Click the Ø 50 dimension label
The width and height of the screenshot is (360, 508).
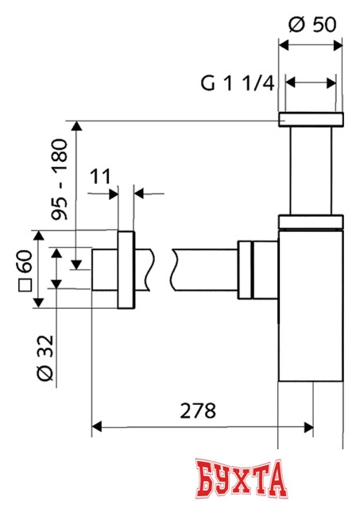pyautogui.click(x=311, y=24)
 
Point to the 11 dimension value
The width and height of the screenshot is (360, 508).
pyautogui.click(x=100, y=175)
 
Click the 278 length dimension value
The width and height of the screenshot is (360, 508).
pyautogui.click(x=199, y=411)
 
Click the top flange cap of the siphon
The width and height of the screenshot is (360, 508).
pyautogui.click(x=311, y=120)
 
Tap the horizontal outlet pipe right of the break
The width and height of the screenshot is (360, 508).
pyautogui.click(x=207, y=270)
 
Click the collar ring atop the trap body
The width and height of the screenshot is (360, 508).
pyautogui.click(x=311, y=221)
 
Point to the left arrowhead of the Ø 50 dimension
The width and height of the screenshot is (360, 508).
pyautogui.click(x=284, y=45)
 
